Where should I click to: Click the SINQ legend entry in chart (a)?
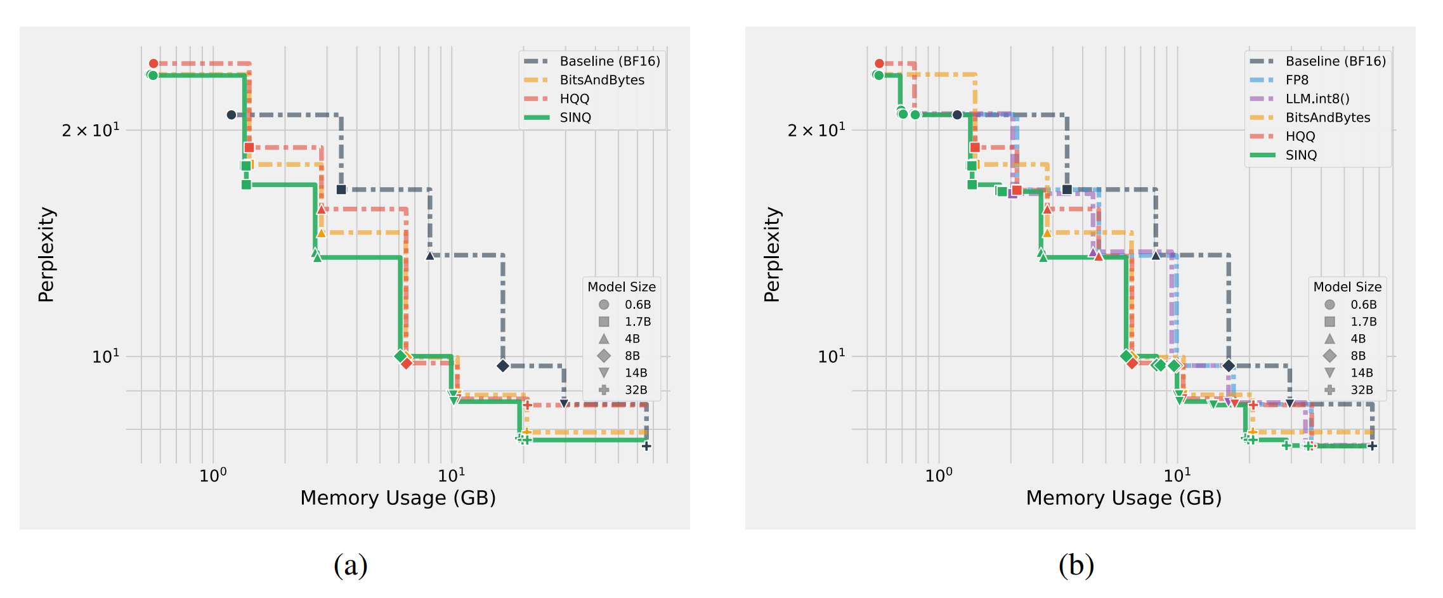[x=575, y=118]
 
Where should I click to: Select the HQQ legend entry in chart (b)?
[x=1300, y=136]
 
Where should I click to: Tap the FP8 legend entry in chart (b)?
[x=1296, y=80]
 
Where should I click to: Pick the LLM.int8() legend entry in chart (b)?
[x=1317, y=99]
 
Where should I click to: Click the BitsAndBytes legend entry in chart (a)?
[x=601, y=80]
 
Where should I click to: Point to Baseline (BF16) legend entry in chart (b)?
[x=1335, y=62]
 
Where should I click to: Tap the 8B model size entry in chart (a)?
[x=632, y=356]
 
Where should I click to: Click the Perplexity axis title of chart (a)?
[x=46, y=254]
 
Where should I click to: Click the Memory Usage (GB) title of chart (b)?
[x=1123, y=498]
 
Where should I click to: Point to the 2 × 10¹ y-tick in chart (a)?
[x=90, y=130]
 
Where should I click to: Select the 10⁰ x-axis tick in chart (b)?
[x=938, y=475]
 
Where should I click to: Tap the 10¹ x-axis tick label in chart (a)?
[x=452, y=475]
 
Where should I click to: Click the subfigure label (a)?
[x=350, y=564]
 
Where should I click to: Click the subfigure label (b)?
[x=1076, y=564]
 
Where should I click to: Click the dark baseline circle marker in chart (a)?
[x=232, y=115]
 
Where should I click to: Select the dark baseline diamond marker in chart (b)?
[x=1229, y=366]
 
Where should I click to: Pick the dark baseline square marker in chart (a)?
[x=341, y=190]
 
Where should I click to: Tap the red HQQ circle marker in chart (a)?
[x=153, y=63]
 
